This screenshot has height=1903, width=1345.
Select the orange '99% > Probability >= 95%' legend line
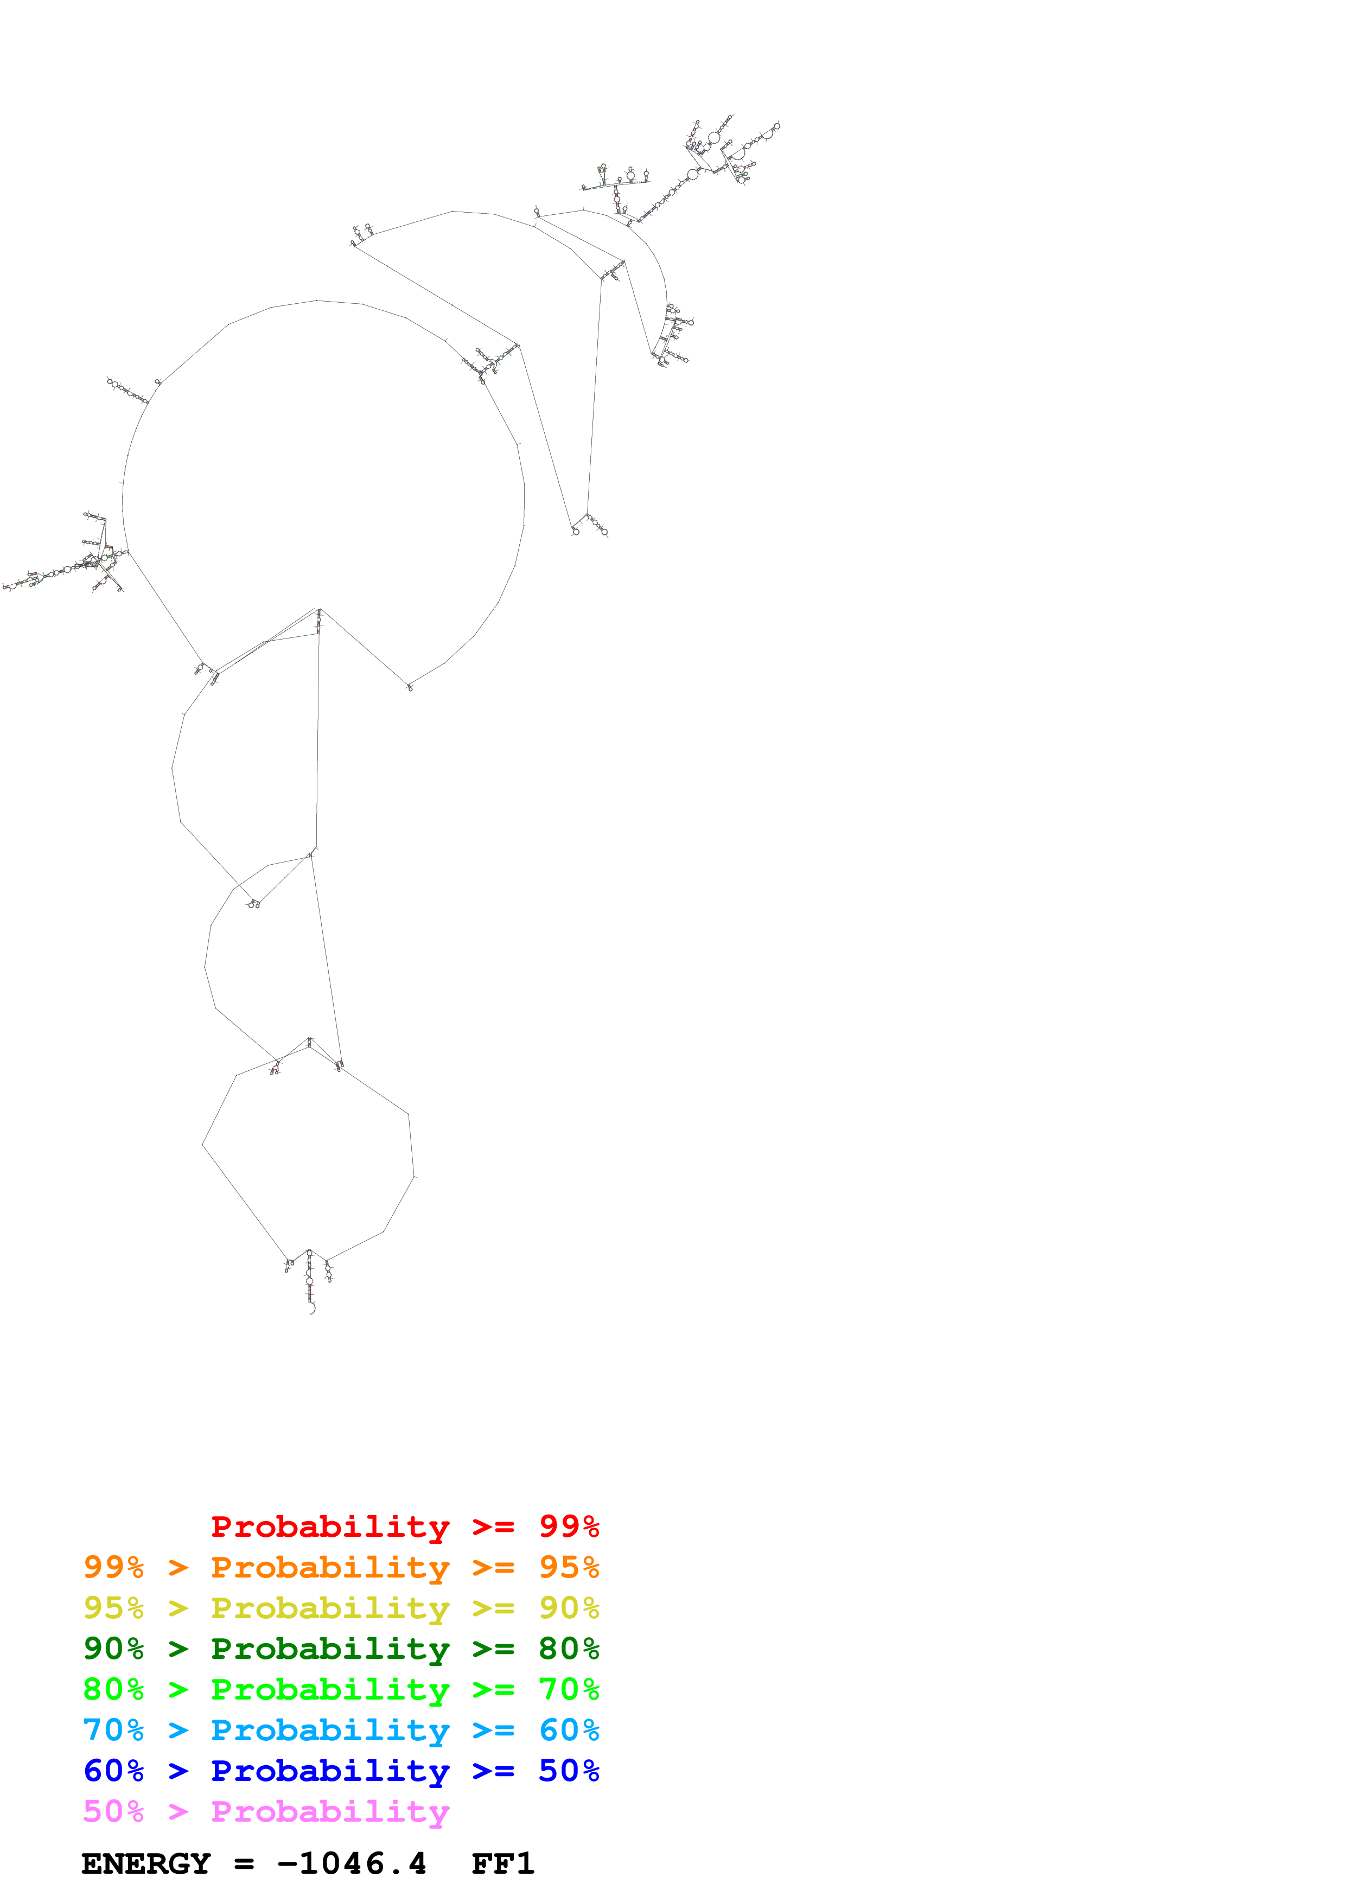[341, 1567]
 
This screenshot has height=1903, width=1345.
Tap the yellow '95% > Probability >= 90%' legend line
[341, 1608]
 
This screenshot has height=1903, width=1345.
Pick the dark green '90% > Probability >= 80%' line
[341, 1649]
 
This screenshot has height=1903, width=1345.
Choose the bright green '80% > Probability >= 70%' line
[341, 1689]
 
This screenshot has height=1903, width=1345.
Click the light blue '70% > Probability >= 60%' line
[341, 1730]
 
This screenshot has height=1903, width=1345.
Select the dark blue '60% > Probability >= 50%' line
[341, 1771]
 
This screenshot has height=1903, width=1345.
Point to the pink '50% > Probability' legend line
[265, 1811]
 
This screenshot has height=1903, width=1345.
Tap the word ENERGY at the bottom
[146, 1864]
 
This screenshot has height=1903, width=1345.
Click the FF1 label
[502, 1864]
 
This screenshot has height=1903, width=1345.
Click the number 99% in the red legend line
[569, 1527]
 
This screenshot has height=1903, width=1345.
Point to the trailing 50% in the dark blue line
[569, 1771]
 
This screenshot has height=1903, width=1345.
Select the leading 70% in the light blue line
[113, 1730]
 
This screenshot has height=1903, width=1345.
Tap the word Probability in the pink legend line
[330, 1811]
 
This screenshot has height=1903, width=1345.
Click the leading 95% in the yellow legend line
[113, 1608]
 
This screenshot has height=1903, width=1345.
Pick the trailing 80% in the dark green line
[569, 1649]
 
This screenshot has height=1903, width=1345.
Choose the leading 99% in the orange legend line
[113, 1567]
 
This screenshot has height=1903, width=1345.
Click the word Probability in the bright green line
[330, 1689]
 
